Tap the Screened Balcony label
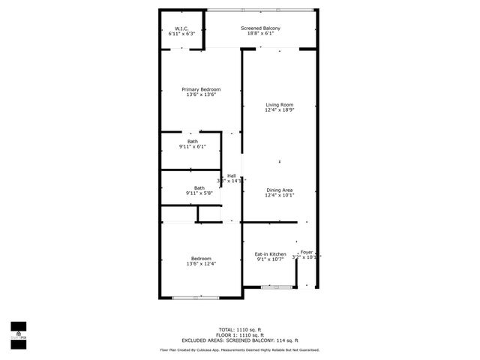[x=260, y=28]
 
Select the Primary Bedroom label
[x=201, y=89]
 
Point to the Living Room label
[x=279, y=104]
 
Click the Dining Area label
[x=279, y=190]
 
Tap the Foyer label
[x=306, y=252]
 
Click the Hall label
[x=232, y=175]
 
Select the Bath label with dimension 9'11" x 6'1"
[x=193, y=141]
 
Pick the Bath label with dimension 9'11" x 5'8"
[x=199, y=188]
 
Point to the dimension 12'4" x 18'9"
[x=279, y=110]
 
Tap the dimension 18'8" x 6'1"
[x=260, y=34]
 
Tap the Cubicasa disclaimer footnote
[x=239, y=350]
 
